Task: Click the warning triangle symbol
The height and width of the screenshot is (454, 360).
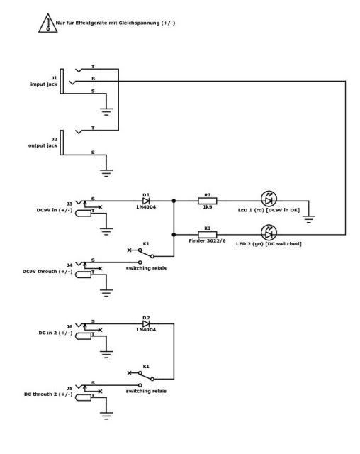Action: (x=48, y=23)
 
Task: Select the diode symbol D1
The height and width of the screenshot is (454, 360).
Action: (x=146, y=201)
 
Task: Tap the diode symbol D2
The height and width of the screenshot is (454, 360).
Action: (x=146, y=323)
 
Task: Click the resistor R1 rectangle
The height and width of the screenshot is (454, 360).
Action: (x=208, y=201)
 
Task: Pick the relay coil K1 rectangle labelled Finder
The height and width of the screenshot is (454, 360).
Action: (x=208, y=235)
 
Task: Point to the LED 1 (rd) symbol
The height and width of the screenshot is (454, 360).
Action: (x=269, y=199)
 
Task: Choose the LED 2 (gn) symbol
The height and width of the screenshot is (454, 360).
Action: (x=269, y=233)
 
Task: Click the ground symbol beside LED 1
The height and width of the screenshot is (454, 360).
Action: (x=309, y=219)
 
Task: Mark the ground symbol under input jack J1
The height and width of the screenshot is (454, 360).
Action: (x=106, y=112)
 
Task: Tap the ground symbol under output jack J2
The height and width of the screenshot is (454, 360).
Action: (x=106, y=173)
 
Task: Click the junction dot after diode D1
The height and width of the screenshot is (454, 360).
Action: (x=174, y=201)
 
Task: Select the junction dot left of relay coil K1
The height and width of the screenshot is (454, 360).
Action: (x=174, y=235)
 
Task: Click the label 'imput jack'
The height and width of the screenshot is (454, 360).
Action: (x=44, y=84)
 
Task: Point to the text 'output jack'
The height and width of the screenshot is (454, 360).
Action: (x=43, y=145)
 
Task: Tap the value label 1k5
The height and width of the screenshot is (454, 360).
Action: (x=208, y=207)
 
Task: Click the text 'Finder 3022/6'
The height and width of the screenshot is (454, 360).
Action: (x=207, y=241)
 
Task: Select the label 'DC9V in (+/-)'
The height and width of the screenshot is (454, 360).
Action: (x=55, y=210)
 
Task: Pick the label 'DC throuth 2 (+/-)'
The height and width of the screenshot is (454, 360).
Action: (x=48, y=394)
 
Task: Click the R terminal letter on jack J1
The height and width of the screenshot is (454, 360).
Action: (x=93, y=79)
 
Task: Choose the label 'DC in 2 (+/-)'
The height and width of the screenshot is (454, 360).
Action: (x=55, y=333)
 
